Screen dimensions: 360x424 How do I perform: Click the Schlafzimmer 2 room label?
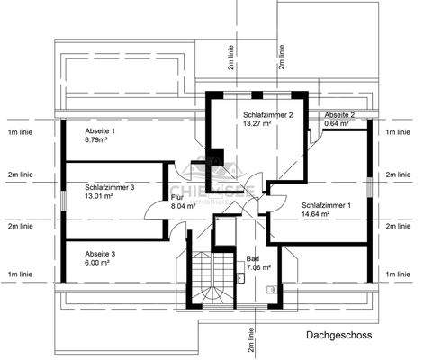point(266,115)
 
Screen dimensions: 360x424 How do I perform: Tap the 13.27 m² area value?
point(257,124)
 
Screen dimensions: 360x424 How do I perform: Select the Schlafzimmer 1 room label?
point(327,205)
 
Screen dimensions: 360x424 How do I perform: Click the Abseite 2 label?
point(339,115)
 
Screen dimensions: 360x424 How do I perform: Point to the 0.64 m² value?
point(336,124)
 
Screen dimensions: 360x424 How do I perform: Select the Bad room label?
point(252,258)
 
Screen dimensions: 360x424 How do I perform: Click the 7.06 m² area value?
point(258,267)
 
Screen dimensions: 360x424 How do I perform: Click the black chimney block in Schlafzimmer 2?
point(215,157)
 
